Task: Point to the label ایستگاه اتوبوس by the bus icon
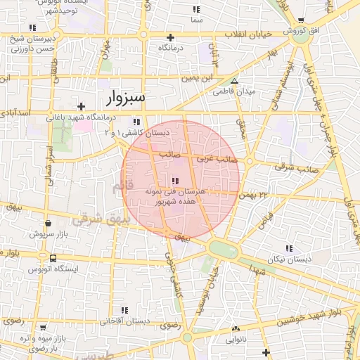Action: tap(53, 269)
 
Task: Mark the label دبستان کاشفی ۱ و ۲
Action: tap(136, 132)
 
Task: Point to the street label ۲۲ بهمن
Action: tap(254, 194)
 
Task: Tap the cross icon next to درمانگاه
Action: tap(169, 37)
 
